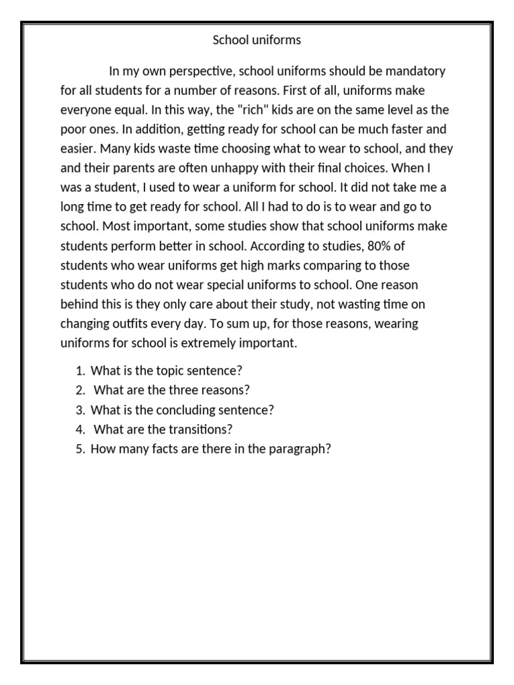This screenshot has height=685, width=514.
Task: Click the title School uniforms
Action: coord(257,40)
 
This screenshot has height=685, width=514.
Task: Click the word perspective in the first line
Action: coord(201,71)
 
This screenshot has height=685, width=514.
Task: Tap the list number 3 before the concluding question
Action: coord(80,409)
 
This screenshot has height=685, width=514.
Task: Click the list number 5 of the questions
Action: coord(80,449)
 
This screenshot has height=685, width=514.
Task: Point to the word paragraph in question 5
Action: coord(300,449)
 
